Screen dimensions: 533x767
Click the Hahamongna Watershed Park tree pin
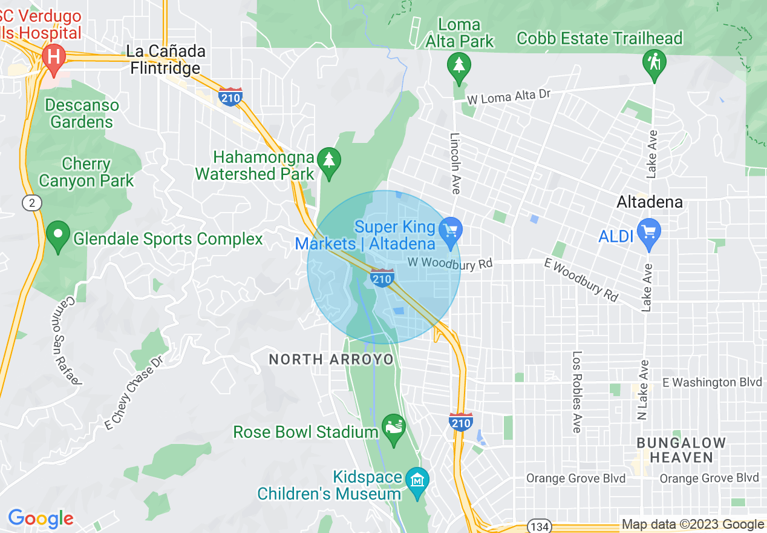pos(329,161)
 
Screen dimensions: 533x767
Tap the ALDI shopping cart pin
pos(649,233)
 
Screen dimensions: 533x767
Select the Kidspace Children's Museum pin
pos(418,481)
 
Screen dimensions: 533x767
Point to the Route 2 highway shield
pos(32,203)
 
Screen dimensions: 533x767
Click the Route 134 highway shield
pos(538,526)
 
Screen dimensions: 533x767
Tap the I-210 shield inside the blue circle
pos(382,279)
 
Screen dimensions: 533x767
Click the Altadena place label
pos(649,202)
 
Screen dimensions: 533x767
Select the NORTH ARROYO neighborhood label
pos(331,360)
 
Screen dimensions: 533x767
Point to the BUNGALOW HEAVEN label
pos(681,450)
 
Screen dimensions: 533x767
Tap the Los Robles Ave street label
pos(576,392)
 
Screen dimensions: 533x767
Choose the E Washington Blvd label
pos(712,382)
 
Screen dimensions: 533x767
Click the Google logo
pos(41,518)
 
